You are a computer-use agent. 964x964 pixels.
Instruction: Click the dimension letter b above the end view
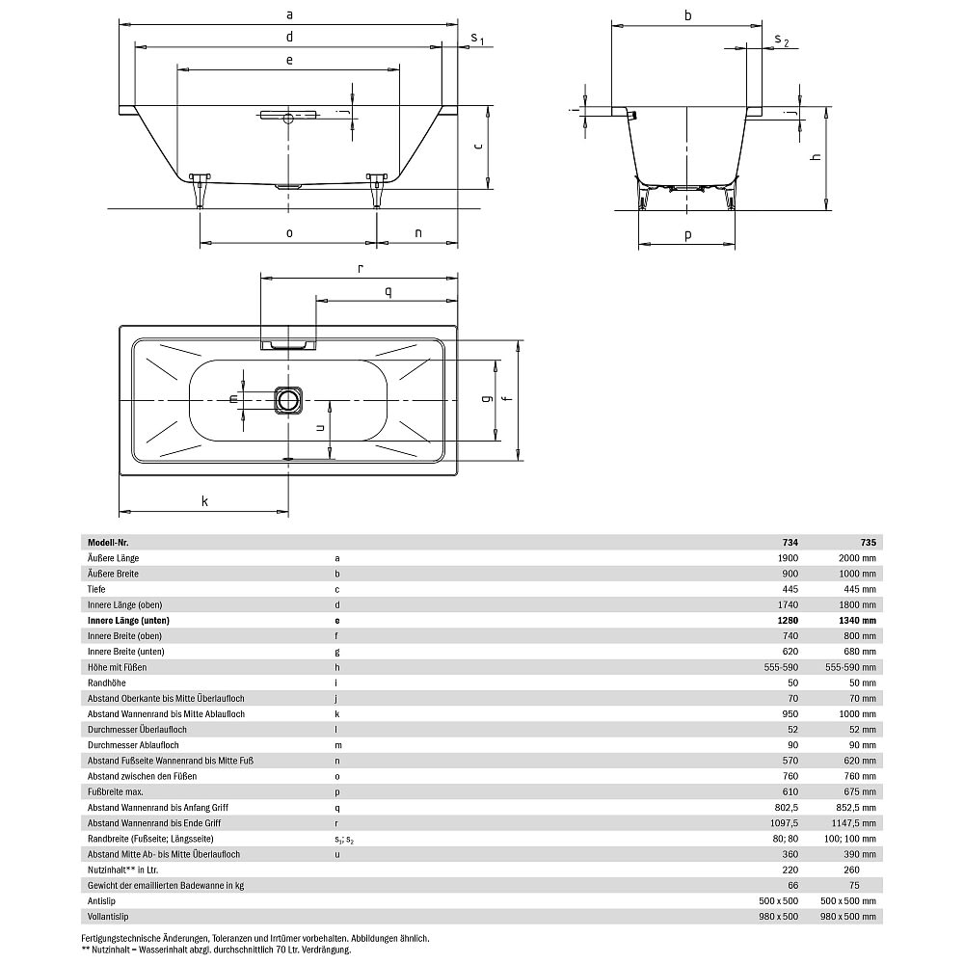point(687,14)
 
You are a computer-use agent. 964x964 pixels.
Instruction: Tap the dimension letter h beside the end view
point(816,157)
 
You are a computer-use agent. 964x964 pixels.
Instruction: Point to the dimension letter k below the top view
point(204,500)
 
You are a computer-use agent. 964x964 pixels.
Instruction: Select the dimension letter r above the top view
point(359,269)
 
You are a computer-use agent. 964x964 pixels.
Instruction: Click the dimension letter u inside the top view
point(319,427)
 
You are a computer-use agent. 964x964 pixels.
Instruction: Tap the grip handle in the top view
point(288,343)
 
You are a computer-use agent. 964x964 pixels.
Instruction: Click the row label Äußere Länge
point(114,558)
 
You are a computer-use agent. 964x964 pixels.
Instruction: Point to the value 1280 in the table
point(787,621)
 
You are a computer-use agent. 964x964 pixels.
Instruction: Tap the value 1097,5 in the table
point(782,822)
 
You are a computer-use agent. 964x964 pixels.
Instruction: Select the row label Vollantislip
point(108,916)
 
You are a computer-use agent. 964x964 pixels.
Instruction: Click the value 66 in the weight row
point(792,885)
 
